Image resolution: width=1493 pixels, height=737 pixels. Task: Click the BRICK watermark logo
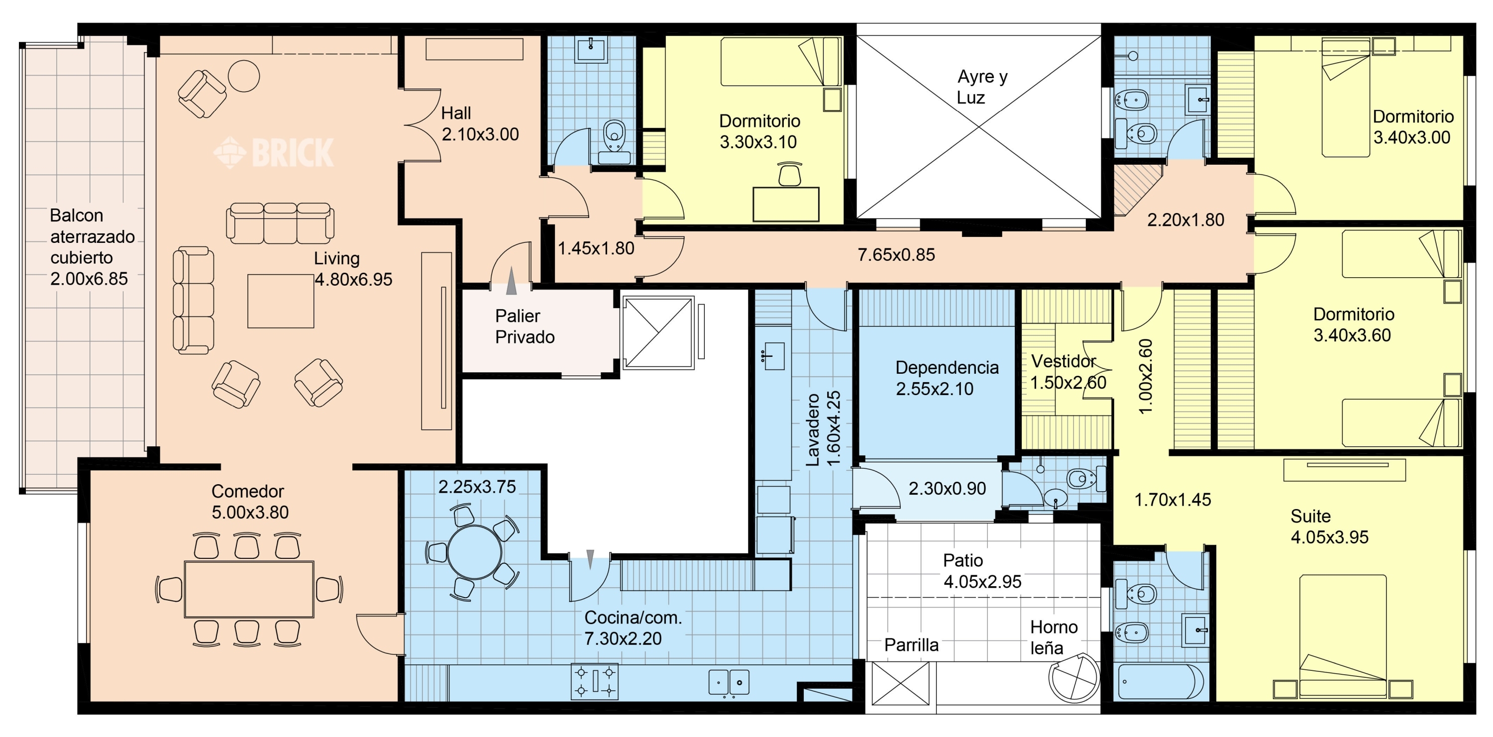pyautogui.click(x=274, y=152)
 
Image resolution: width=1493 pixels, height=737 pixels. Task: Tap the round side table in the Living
pyautogui.click(x=243, y=75)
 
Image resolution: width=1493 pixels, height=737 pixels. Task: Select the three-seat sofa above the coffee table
pyautogui.click(x=280, y=223)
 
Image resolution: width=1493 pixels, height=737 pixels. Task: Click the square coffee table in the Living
pyautogui.click(x=281, y=301)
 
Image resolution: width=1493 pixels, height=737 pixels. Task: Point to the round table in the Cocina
pyautogui.click(x=475, y=552)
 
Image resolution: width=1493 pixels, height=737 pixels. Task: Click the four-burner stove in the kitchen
pyautogui.click(x=595, y=681)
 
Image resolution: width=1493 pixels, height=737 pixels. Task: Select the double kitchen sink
pyautogui.click(x=729, y=682)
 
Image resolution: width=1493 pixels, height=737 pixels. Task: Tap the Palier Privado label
pyautogui.click(x=525, y=326)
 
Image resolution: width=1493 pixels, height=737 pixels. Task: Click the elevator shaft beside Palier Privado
pyautogui.click(x=658, y=332)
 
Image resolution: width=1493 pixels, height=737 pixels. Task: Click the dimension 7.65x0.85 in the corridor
pyautogui.click(x=896, y=254)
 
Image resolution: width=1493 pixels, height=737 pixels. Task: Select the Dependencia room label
pyautogui.click(x=947, y=367)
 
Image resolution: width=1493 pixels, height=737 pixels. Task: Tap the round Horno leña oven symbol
pyautogui.click(x=1074, y=678)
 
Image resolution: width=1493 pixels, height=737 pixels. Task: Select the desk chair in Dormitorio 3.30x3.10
pyautogui.click(x=789, y=174)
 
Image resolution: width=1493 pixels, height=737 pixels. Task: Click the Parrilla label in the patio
pyautogui.click(x=911, y=645)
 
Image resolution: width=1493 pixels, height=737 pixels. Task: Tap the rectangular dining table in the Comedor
pyautogui.click(x=249, y=589)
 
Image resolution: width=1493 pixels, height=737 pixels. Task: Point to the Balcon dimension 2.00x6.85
pyautogui.click(x=89, y=279)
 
